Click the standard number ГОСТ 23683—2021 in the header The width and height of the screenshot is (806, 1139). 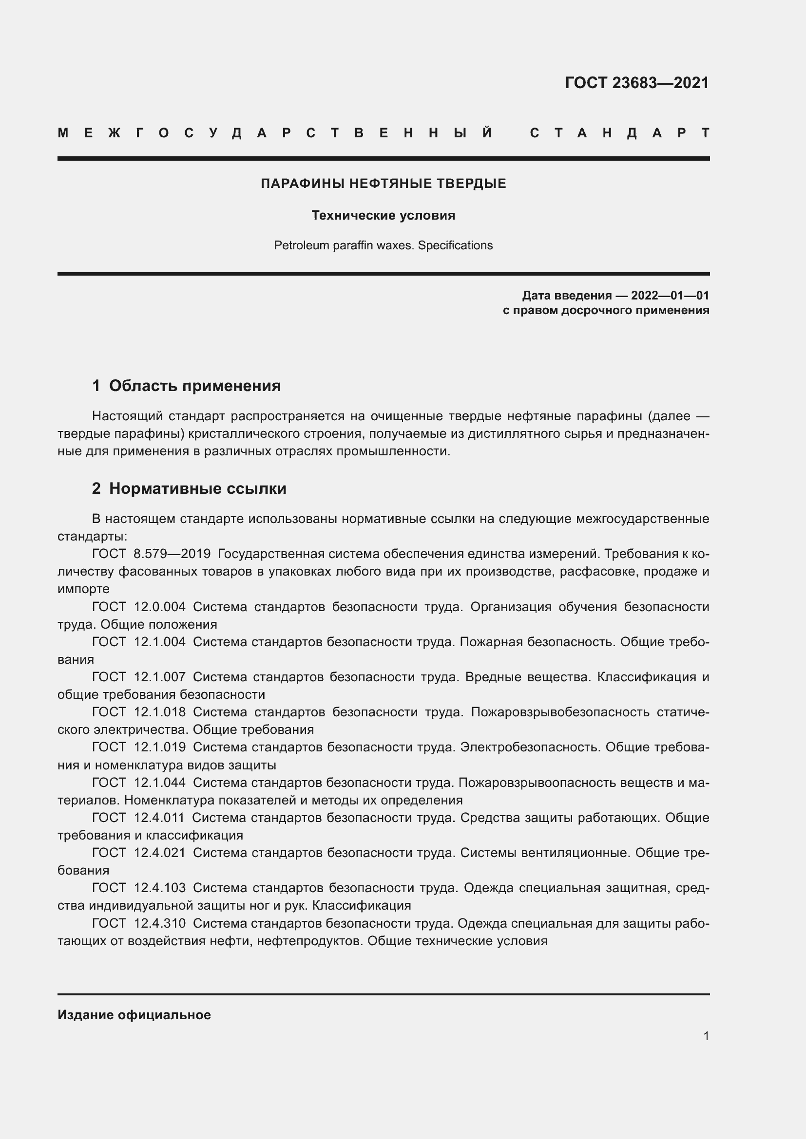tap(637, 83)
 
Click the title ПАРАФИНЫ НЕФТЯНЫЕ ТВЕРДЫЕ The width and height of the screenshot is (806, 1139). tap(383, 184)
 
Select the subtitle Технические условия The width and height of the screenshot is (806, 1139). tap(383, 215)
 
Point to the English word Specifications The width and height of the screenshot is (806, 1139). tap(455, 245)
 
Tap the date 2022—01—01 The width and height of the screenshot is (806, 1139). tap(670, 296)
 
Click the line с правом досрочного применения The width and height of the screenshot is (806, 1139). tap(606, 311)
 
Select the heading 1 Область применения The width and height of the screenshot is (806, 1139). tap(186, 386)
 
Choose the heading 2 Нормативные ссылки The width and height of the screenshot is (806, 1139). tap(189, 488)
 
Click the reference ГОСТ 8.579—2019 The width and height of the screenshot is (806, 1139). tap(152, 554)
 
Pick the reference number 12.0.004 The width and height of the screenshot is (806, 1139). tap(159, 607)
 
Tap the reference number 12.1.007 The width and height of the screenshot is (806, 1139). tap(159, 677)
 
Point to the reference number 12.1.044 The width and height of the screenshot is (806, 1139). tap(159, 783)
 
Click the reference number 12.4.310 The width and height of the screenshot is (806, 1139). tap(159, 923)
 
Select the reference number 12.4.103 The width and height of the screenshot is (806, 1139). tap(159, 888)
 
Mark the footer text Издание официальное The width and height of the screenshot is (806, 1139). tap(134, 1015)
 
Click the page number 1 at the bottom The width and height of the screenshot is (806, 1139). tap(706, 1036)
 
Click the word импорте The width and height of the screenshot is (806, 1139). tap(83, 589)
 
